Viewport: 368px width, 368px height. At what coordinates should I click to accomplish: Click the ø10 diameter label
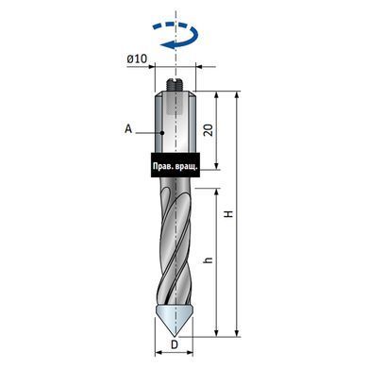click(x=137, y=59)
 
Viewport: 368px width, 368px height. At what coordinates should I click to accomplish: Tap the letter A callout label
click(x=128, y=128)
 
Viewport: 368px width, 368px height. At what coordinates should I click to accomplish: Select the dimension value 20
click(x=209, y=129)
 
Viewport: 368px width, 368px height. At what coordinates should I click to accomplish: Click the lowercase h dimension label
click(x=209, y=260)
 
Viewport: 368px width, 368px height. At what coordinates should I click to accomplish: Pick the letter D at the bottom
click(x=175, y=344)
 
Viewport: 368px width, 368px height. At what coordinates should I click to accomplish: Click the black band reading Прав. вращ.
click(x=176, y=165)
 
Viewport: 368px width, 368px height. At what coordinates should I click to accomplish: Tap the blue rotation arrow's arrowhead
click(x=166, y=45)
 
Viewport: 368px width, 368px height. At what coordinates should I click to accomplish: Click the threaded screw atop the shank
click(x=176, y=85)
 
